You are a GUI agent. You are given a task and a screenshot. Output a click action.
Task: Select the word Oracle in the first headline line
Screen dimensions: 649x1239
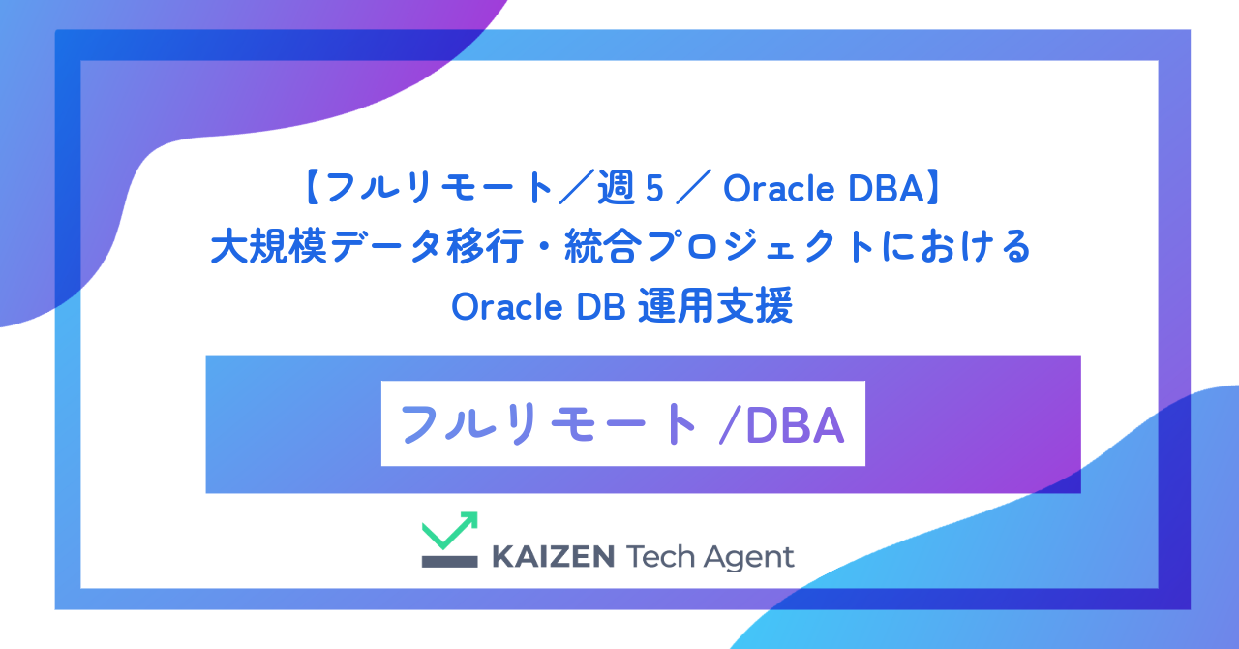768,191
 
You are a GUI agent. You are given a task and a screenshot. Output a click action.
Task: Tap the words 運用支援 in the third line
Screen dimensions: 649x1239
716,308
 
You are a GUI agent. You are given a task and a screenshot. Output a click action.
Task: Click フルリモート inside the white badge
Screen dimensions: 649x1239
548,424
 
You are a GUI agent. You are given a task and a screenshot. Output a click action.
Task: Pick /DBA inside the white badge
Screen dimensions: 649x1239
782,424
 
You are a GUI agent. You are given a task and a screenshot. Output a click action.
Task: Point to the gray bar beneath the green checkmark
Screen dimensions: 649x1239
449,560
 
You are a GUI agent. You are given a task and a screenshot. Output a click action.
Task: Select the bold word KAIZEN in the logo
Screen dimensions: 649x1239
553,557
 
